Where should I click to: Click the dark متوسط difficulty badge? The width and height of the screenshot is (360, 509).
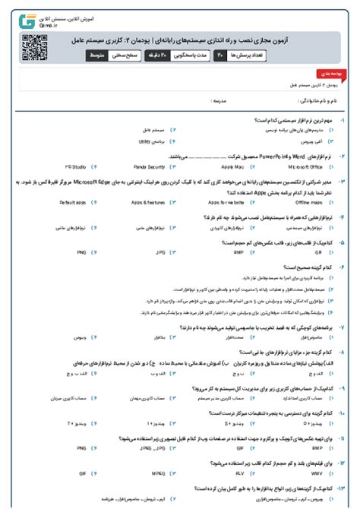tap(99, 56)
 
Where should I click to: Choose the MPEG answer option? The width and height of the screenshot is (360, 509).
tap(158, 472)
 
